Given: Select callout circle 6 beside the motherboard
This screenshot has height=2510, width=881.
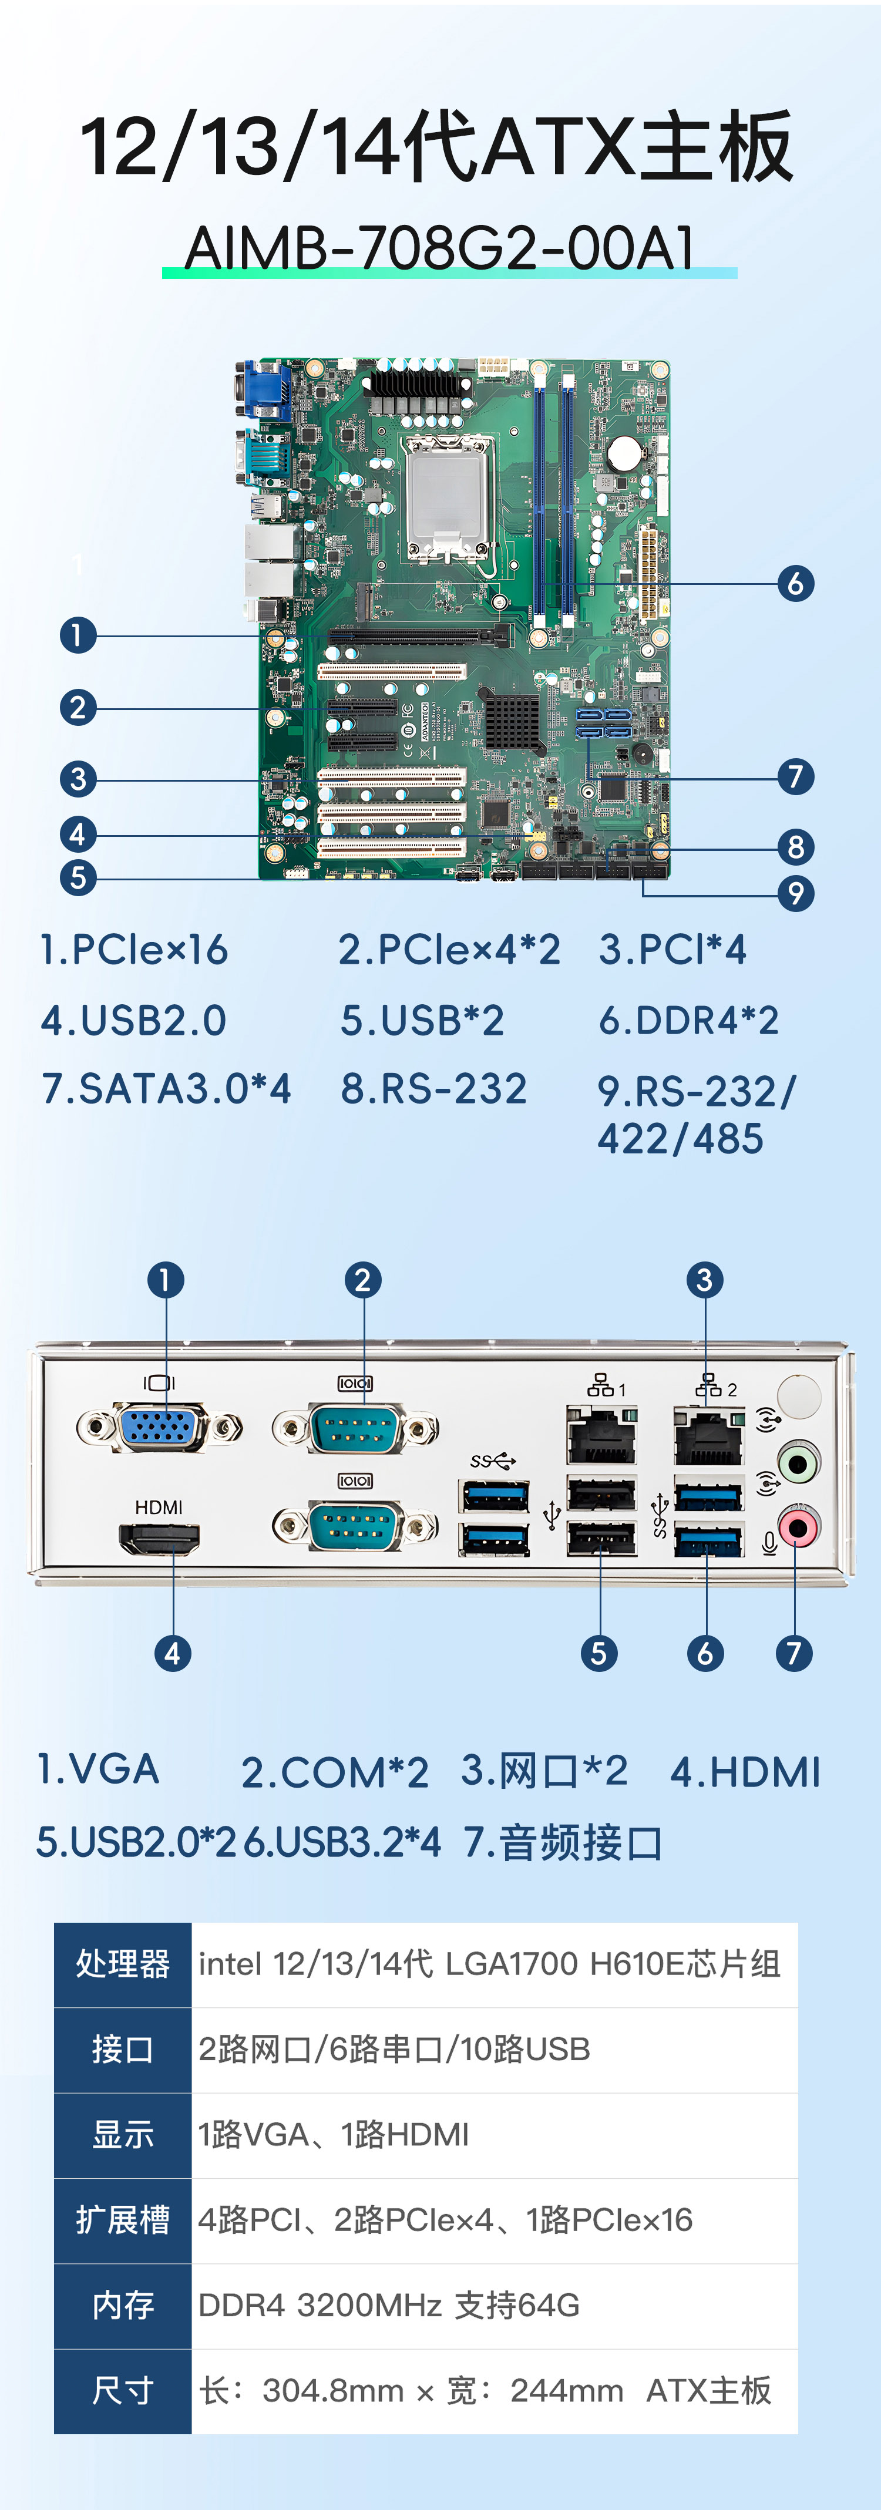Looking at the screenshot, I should point(795,584).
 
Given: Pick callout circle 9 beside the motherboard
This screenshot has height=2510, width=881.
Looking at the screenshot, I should point(795,893).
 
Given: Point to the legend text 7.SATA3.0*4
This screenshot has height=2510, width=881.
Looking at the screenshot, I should point(166,1088).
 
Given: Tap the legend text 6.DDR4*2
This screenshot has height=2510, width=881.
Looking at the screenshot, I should point(688,1020).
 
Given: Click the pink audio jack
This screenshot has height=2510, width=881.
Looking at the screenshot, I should point(798,1528).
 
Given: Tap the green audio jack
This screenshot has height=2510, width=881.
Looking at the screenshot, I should point(798,1462).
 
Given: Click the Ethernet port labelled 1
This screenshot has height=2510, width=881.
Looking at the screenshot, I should point(601,1435).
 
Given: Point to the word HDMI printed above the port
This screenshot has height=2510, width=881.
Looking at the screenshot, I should point(159,1508).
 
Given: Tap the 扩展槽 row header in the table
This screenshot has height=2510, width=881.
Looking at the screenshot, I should point(123,2220).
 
